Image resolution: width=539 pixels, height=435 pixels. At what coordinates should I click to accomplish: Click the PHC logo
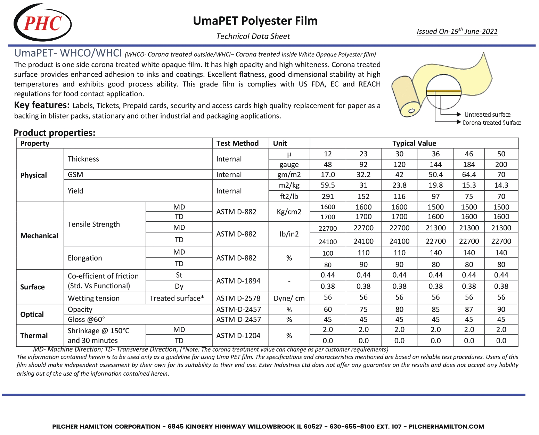(42, 23)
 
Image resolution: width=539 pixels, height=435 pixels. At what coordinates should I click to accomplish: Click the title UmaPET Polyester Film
(255, 21)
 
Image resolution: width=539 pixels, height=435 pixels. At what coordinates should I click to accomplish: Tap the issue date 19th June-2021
(457, 31)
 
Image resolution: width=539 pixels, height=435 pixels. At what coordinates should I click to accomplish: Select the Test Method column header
(237, 143)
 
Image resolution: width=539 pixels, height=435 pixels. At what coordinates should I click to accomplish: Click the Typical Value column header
(414, 143)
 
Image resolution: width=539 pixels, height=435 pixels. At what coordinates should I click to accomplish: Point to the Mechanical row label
(39, 236)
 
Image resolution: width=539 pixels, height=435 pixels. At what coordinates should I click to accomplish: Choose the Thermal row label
(34, 335)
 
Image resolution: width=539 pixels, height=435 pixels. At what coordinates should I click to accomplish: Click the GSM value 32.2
(364, 174)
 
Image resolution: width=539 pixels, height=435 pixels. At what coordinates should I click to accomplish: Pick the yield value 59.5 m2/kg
(328, 185)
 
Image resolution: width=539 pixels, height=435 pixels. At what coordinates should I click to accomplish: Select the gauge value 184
(469, 164)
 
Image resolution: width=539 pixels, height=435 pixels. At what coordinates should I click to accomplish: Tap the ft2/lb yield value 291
(328, 196)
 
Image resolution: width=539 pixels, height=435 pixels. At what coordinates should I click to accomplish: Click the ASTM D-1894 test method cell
(238, 281)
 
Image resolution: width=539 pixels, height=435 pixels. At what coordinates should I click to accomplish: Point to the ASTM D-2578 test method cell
(238, 298)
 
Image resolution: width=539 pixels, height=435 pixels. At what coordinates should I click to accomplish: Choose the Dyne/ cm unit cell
(289, 298)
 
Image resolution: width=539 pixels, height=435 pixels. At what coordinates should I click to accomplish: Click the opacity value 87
(469, 309)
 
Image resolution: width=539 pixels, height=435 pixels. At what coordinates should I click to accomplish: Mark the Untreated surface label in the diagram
(487, 115)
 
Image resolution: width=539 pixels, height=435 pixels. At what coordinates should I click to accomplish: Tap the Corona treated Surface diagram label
(491, 123)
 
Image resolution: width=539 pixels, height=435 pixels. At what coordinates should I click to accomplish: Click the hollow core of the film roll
(411, 111)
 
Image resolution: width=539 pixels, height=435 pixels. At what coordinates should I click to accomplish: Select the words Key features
(42, 105)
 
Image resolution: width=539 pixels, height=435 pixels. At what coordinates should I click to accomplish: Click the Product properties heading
(54, 133)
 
